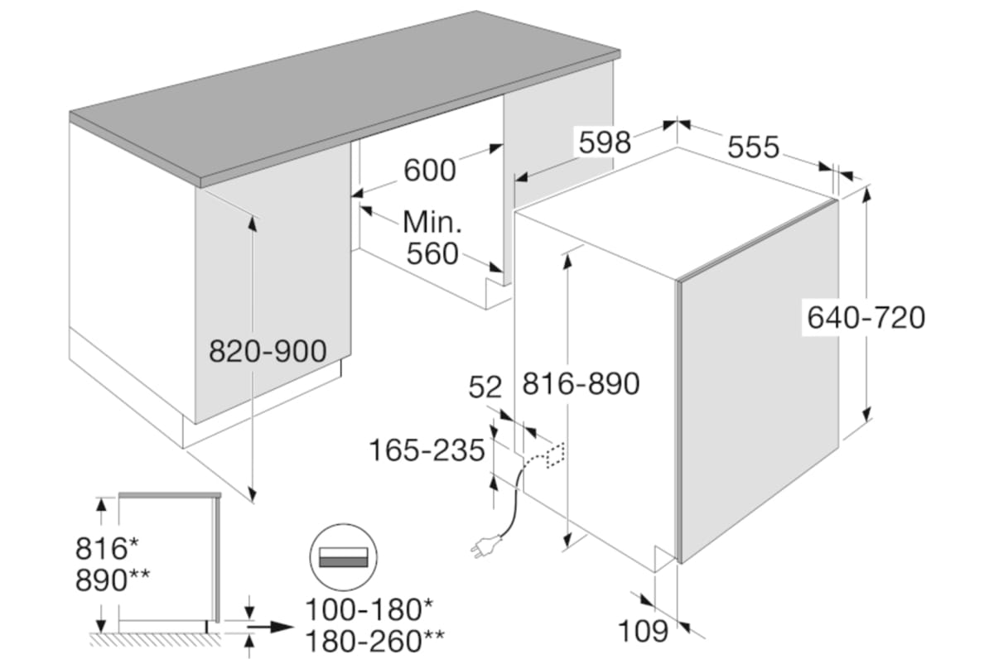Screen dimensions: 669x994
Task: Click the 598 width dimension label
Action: tap(605, 142)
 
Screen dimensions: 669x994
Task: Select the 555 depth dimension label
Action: tap(753, 147)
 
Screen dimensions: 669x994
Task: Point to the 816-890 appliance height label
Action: tap(581, 383)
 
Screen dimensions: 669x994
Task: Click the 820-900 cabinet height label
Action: tap(268, 352)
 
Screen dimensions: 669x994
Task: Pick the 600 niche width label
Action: tap(429, 171)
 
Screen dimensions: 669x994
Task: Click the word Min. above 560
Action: tap(432, 222)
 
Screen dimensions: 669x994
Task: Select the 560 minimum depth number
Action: tap(432, 253)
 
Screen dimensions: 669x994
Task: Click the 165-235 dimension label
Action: tap(427, 450)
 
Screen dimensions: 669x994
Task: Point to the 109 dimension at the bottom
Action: tap(643, 631)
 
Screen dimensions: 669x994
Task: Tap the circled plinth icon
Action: tap(342, 556)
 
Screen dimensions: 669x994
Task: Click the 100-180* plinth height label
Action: tap(369, 610)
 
